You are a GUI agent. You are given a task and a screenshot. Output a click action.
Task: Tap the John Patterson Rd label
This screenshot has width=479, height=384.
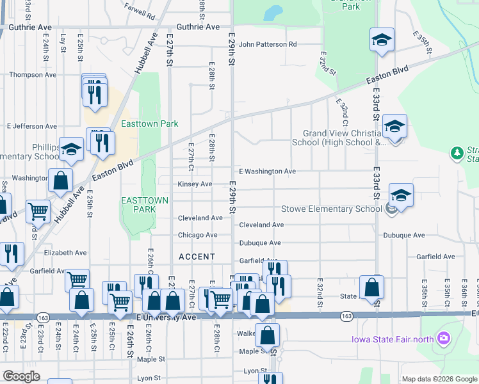(268, 45)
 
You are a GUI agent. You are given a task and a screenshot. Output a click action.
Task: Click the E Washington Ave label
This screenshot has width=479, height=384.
(267, 172)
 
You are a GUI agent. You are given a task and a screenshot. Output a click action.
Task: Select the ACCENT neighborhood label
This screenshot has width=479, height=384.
(197, 257)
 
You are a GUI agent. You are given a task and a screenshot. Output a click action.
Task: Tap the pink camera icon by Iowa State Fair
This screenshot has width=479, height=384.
(442, 338)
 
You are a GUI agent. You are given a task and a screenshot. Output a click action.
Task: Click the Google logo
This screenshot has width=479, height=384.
(22, 376)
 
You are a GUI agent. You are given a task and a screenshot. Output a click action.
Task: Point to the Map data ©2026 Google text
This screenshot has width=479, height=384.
(439, 379)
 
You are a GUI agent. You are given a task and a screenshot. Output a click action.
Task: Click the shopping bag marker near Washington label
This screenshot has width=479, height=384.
(60, 181)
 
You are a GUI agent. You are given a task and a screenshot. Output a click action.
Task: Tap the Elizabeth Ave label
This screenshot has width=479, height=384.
(65, 253)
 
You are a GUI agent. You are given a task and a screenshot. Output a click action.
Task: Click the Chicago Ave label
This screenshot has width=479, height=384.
(197, 236)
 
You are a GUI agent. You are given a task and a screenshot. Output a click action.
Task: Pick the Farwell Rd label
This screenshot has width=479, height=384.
(141, 13)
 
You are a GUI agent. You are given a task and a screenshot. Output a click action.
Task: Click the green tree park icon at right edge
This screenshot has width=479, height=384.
(457, 153)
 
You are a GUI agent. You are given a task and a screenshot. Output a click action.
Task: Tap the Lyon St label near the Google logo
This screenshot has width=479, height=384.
(255, 371)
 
